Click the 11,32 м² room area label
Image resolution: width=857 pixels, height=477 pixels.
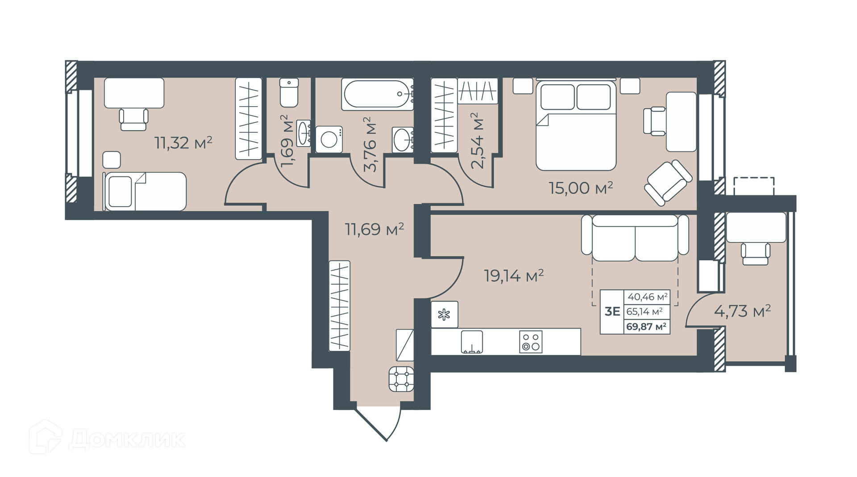click(183, 143)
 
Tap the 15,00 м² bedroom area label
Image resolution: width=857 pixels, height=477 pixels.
click(581, 188)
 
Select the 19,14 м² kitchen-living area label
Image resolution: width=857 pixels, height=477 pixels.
click(514, 276)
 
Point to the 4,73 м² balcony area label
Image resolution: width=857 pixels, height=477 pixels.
click(742, 311)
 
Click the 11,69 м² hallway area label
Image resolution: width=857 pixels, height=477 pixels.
click(374, 229)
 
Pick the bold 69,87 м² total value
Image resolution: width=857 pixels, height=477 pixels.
click(646, 327)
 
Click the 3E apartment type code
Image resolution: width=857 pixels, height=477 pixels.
click(612, 311)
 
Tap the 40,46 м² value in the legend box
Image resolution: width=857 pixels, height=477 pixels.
click(648, 296)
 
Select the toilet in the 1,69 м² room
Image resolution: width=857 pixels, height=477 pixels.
click(289, 93)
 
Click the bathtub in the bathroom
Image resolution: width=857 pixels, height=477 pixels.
click(377, 94)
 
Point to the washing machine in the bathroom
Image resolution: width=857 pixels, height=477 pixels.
click(329, 140)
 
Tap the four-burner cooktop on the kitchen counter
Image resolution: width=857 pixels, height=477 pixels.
click(531, 342)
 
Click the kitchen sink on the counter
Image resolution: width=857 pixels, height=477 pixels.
click(472, 342)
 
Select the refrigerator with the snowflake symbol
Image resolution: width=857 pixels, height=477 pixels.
click(445, 315)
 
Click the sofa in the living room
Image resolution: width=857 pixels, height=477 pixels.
click(635, 238)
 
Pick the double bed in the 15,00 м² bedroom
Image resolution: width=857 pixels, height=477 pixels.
click(576, 125)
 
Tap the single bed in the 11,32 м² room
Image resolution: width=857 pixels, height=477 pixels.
click(144, 191)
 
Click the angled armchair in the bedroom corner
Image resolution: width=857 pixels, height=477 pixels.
click(668, 183)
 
